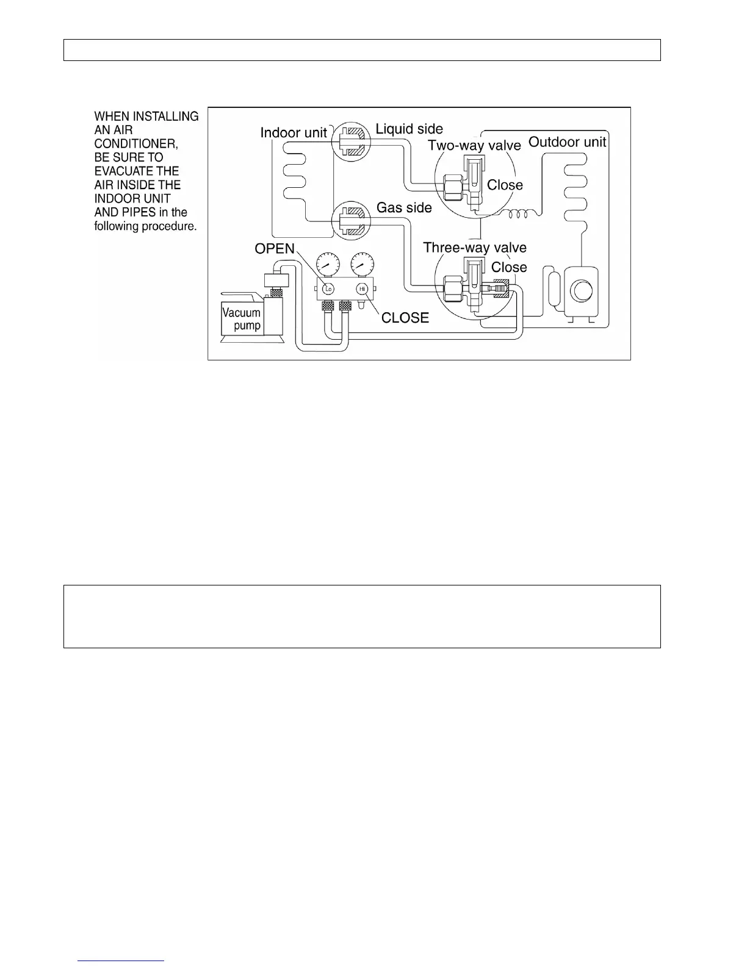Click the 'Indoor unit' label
click(x=294, y=132)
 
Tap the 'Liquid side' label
click(x=409, y=129)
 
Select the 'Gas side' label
click(x=404, y=207)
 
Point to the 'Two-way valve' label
click(x=474, y=145)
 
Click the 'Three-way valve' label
click(x=475, y=247)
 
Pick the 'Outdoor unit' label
click(x=567, y=142)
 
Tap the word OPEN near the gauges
click(x=275, y=249)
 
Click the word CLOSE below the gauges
click(x=405, y=318)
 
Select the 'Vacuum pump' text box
click(x=242, y=319)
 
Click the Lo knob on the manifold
click(x=328, y=288)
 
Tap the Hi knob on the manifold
click(x=362, y=288)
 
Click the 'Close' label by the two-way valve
click(x=505, y=185)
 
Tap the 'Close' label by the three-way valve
click(x=509, y=267)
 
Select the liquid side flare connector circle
click(x=350, y=141)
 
